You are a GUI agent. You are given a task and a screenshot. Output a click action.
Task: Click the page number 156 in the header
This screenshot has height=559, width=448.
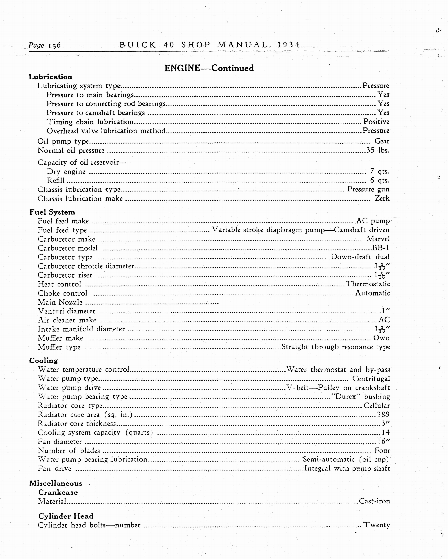click(54, 45)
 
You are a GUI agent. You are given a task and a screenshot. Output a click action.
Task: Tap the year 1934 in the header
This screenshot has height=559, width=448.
click(288, 45)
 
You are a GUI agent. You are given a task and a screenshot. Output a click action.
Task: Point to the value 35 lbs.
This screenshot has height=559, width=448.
click(378, 150)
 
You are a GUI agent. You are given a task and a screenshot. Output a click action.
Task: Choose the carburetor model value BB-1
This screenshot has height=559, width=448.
click(381, 248)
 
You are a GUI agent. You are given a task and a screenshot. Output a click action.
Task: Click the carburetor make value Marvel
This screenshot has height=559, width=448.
click(378, 239)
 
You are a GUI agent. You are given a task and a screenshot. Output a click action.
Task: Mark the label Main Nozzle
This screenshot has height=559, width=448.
click(60, 302)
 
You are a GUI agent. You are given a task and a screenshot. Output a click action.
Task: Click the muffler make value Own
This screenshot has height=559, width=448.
click(381, 338)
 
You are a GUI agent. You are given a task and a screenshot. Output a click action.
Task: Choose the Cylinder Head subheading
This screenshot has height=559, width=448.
click(66, 516)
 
